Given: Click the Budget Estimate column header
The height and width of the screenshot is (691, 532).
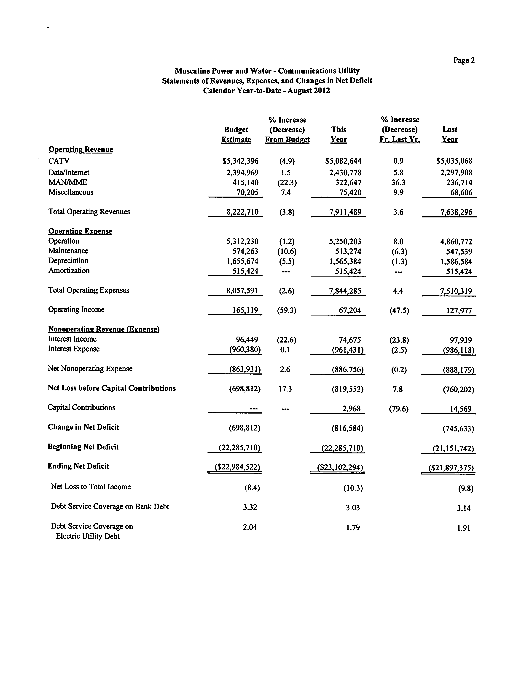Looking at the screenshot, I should coord(236,134).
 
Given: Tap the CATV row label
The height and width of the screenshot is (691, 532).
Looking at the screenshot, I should coord(59,161).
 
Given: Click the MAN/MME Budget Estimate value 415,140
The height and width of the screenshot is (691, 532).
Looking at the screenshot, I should coord(245,183).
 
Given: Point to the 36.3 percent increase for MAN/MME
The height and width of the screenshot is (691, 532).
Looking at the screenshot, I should coord(398,183).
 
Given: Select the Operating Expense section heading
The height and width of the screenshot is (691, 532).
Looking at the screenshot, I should coord(80,231).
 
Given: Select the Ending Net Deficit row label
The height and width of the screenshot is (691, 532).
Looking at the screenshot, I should coord(78,466).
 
